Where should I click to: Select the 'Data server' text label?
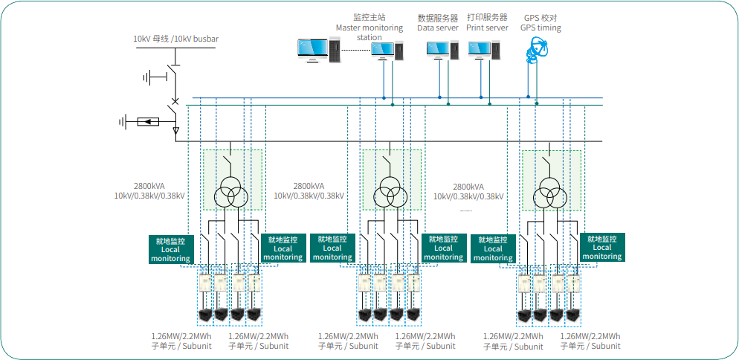437,28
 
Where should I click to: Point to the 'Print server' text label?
487,28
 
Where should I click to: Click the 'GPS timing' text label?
540,28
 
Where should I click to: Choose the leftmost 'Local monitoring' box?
171,249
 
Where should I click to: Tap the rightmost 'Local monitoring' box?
601,248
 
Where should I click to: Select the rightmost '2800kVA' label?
468,187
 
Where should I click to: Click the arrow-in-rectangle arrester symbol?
148,120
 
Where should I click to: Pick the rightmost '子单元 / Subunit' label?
590,346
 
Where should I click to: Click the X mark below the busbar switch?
175,101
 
